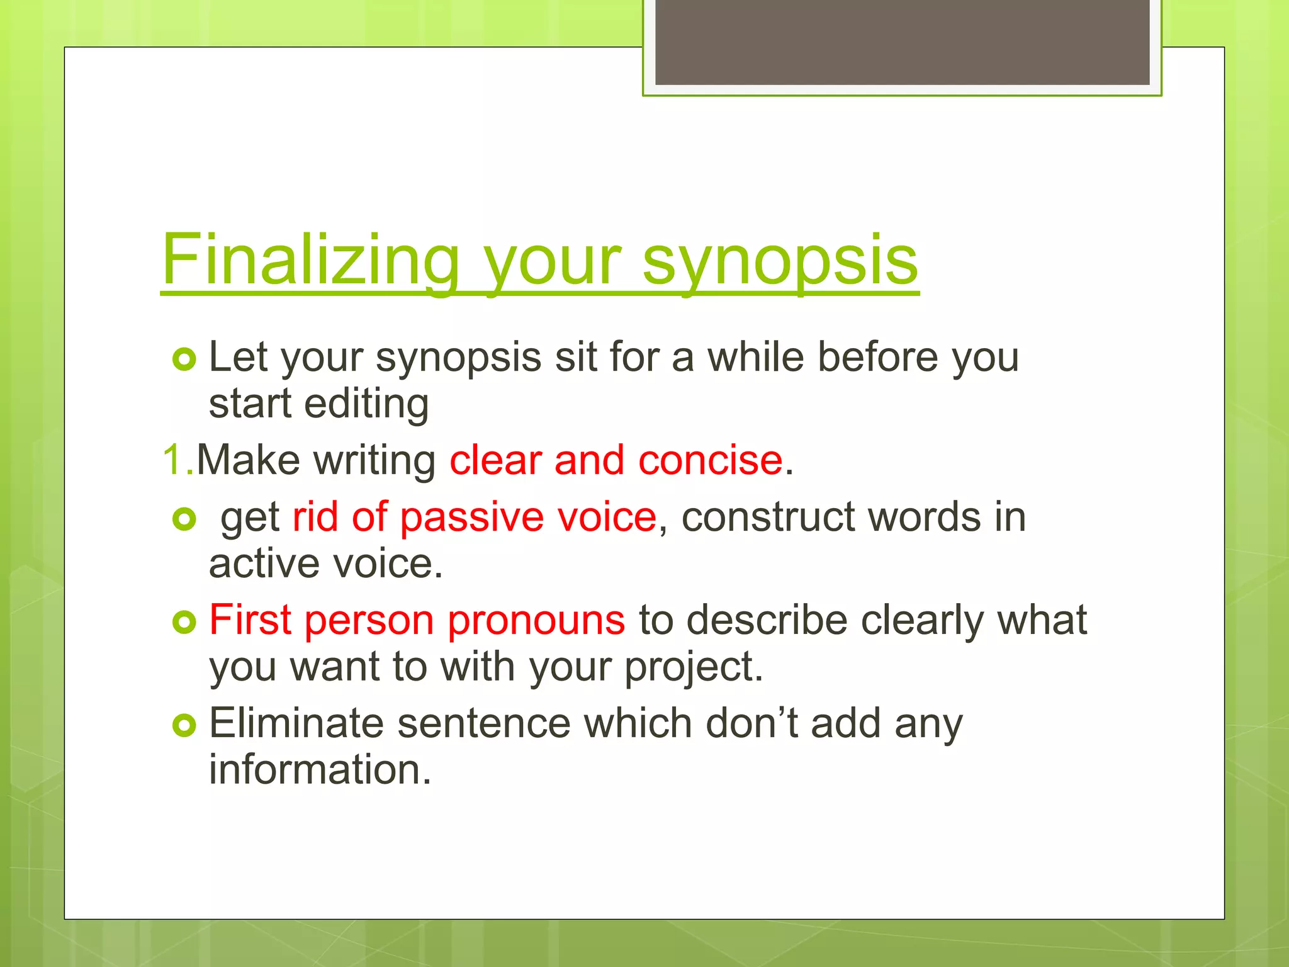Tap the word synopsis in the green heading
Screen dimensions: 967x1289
click(x=780, y=259)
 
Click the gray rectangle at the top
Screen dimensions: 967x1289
click(x=902, y=42)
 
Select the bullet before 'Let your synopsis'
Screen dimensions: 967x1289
click(x=184, y=359)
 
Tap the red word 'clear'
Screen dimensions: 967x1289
click(x=495, y=460)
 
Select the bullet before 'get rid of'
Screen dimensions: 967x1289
click(x=184, y=519)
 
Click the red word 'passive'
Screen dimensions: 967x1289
click(x=471, y=517)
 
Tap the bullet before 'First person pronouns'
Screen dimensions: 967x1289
click(x=184, y=623)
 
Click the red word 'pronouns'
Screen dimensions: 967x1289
click(x=536, y=621)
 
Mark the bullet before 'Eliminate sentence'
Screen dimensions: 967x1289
click(x=184, y=726)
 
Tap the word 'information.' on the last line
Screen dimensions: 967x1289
click(x=320, y=769)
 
